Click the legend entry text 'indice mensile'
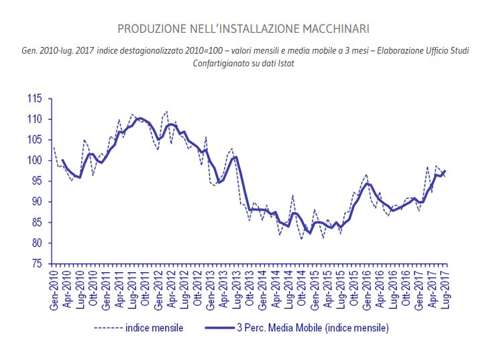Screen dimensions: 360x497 [154, 328]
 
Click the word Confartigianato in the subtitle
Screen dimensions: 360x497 [226, 63]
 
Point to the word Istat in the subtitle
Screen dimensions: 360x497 [284, 63]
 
